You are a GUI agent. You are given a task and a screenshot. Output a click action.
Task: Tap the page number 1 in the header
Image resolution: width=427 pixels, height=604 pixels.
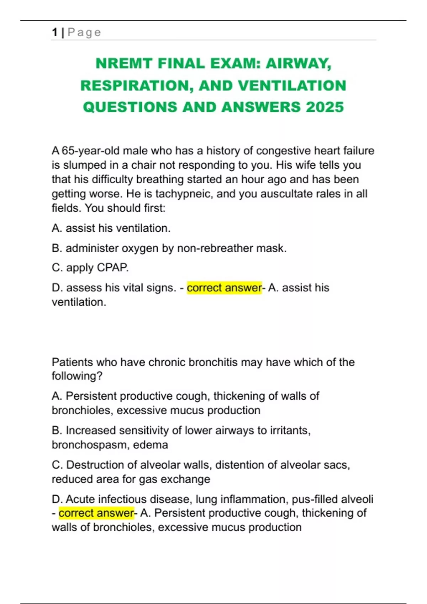pyautogui.click(x=54, y=32)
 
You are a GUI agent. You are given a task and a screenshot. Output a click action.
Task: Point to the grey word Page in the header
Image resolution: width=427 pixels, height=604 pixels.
pyautogui.click(x=84, y=32)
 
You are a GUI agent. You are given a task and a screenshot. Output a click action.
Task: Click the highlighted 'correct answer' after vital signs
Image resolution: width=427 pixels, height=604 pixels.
pyautogui.click(x=224, y=287)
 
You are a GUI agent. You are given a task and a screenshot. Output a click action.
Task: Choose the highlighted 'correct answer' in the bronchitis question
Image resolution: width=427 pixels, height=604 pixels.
pyautogui.click(x=96, y=513)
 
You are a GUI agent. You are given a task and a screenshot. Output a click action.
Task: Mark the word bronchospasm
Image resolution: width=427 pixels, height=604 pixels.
pyautogui.click(x=91, y=445)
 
